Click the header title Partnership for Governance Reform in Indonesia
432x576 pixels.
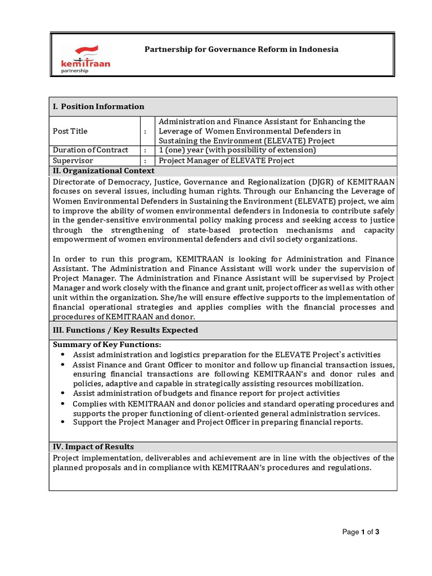241,49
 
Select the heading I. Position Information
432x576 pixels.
98,106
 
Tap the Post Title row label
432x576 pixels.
70,131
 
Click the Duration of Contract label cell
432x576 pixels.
91,150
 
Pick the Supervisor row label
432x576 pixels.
74,161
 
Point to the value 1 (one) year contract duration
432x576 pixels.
237,150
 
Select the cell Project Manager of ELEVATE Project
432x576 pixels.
227,161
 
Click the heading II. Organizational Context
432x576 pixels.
103,171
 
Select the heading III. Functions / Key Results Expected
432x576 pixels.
125,330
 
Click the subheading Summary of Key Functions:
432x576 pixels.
107,344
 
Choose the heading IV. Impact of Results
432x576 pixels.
93,447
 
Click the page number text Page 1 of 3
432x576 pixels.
361,532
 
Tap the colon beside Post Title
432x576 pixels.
145,131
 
